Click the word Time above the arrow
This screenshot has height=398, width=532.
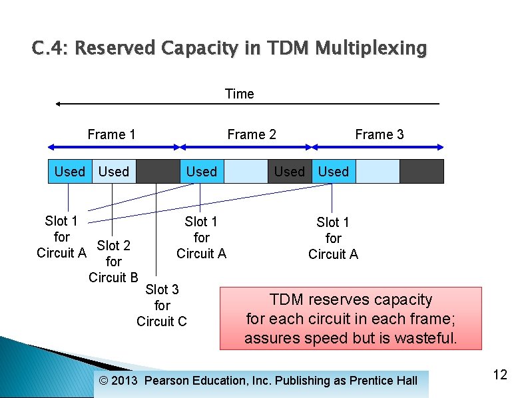coord(240,94)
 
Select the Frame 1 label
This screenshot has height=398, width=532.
coord(111,134)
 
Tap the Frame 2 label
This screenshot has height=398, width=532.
coord(251,134)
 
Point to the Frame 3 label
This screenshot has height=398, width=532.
coord(379,134)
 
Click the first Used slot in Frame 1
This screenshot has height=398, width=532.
coord(69,172)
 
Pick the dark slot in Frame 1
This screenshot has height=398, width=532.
coord(158,172)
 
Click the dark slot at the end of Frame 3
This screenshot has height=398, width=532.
coord(421,172)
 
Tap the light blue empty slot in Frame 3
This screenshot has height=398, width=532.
coord(378,172)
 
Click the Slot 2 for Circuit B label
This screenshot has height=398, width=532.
coord(113,262)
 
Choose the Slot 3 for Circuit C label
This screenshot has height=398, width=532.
coord(162,305)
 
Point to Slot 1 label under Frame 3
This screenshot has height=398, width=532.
coord(333,238)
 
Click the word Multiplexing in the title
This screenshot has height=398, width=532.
coord(371,49)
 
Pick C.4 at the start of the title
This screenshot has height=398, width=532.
coord(49,49)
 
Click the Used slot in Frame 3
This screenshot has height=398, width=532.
coord(334,172)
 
